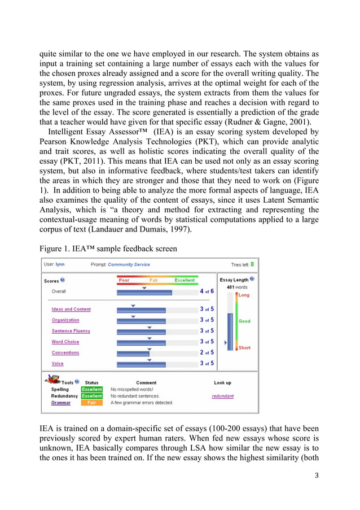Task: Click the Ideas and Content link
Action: pos(71,310)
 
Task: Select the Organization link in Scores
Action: pos(65,320)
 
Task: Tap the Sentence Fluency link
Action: pos(71,331)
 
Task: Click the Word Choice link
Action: pos(65,342)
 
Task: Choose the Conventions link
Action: pos(65,352)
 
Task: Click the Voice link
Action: pos(58,364)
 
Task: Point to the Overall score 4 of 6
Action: pos(207,291)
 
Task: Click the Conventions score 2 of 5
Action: pos(207,352)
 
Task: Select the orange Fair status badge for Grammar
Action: pos(92,403)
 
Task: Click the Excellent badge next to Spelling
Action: pos(92,389)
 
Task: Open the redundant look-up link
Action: pos(222,396)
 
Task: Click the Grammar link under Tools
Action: pos(61,403)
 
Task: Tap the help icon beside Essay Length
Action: pos(253,279)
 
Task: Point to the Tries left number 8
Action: pos(252,264)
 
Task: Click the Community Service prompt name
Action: pos(128,264)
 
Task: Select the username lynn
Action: pos(60,264)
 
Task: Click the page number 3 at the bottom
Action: pos(317,475)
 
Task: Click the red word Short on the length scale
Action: pos(244,348)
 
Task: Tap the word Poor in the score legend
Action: pos(124,280)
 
